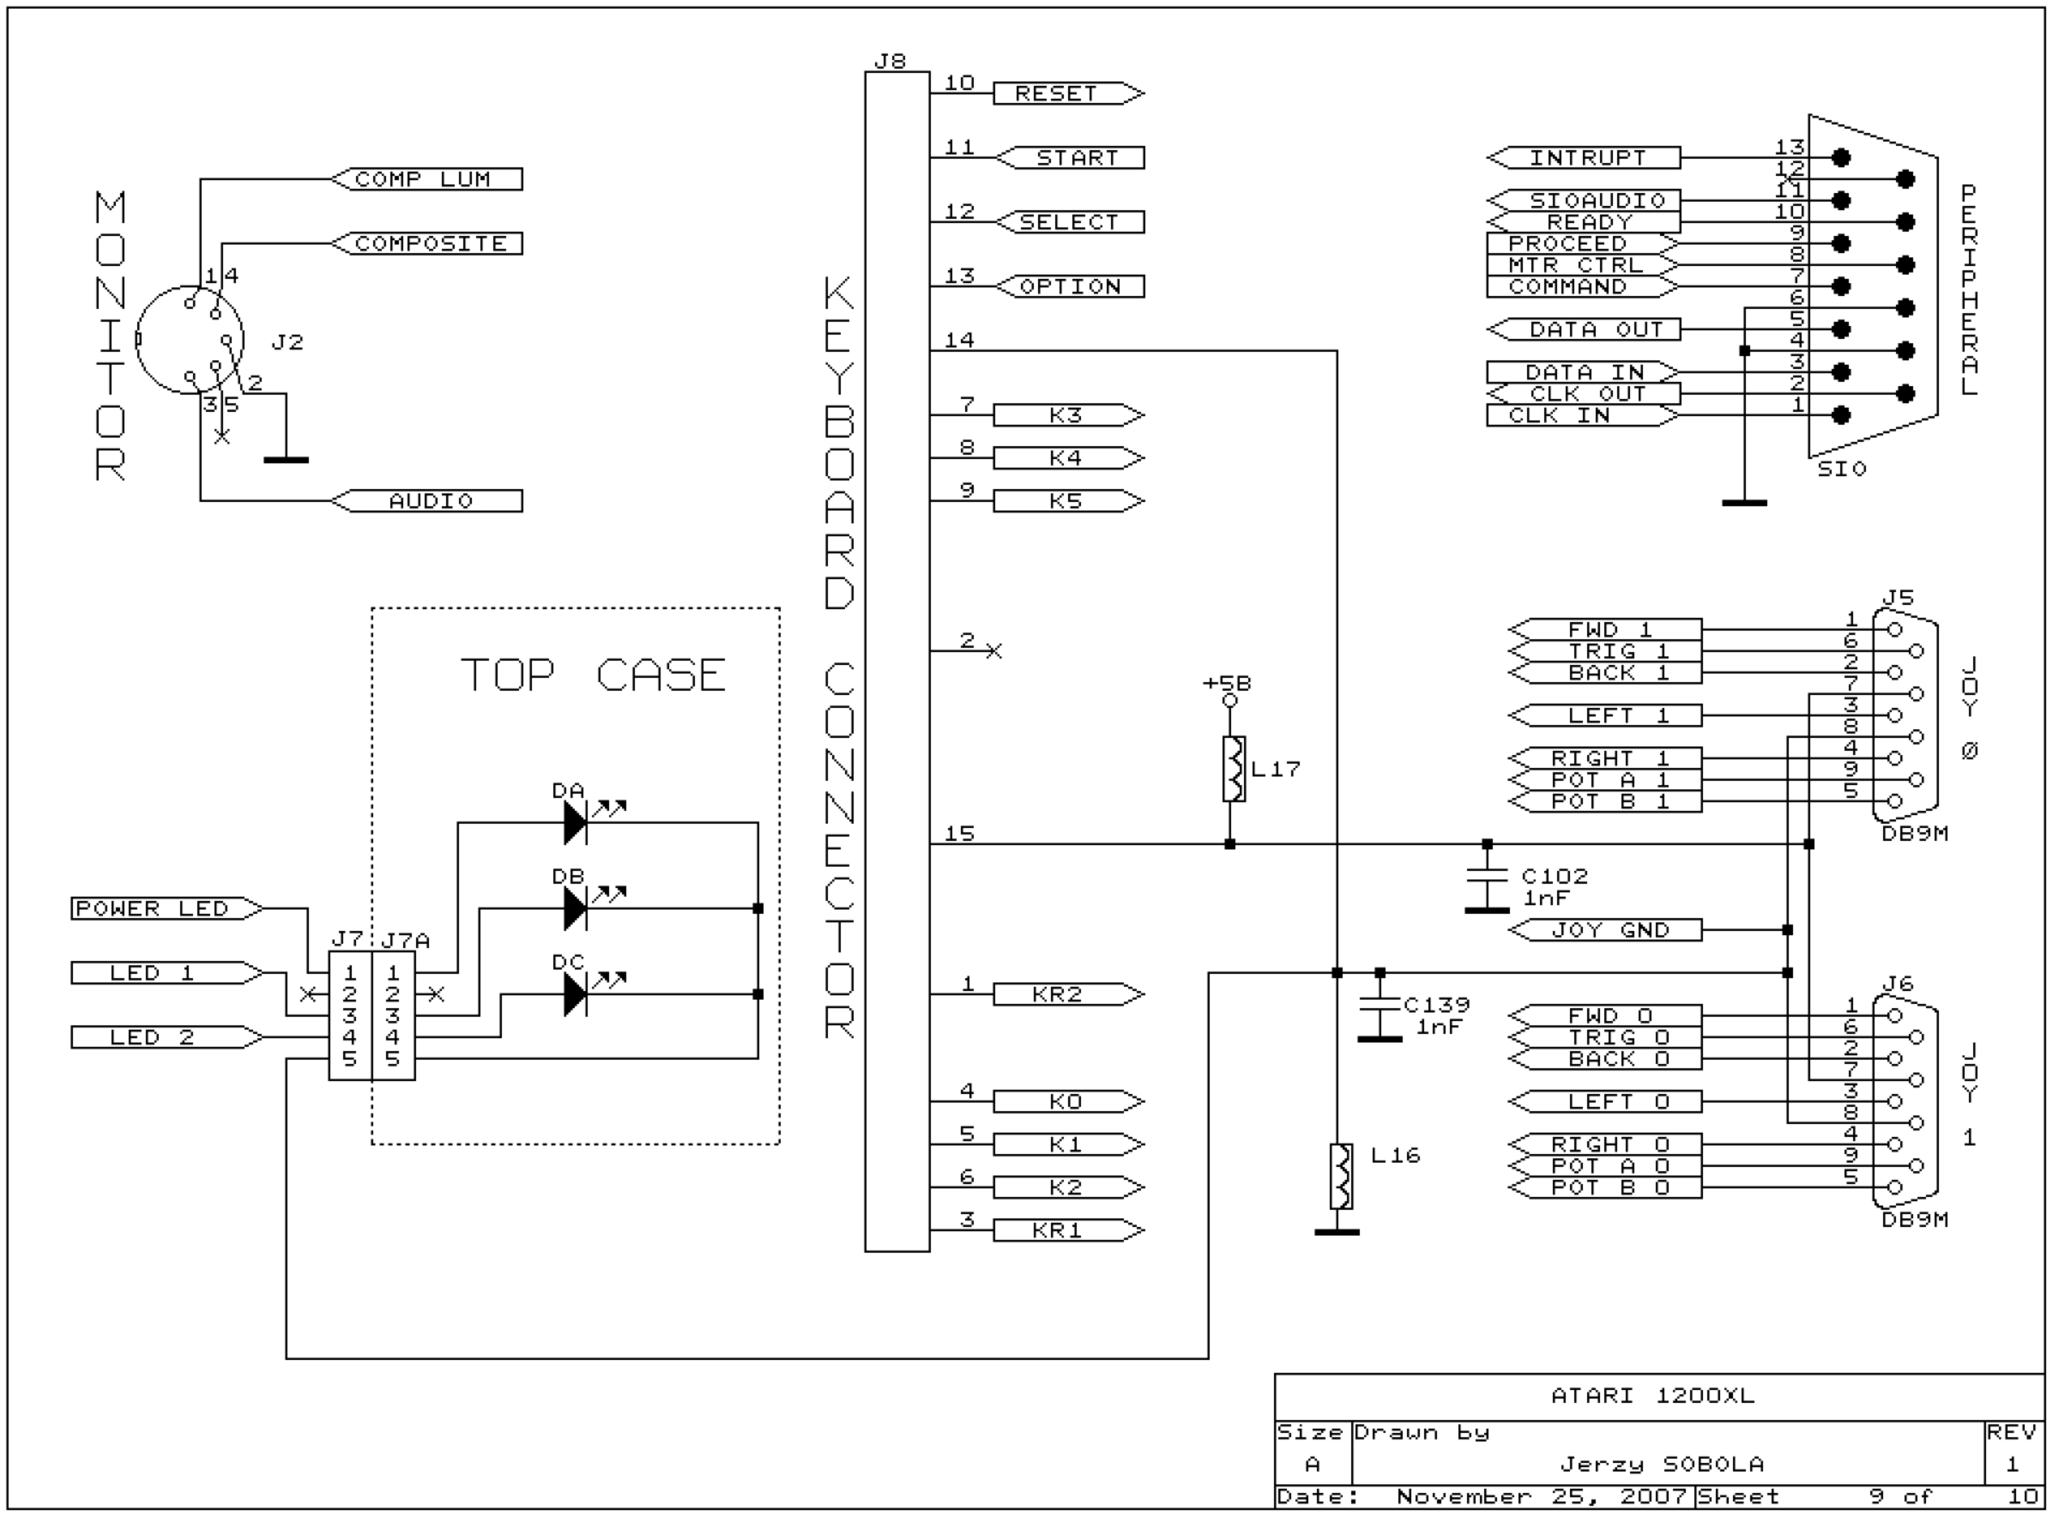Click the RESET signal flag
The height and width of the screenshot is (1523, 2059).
tap(1068, 94)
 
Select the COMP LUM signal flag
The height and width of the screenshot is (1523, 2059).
tap(426, 178)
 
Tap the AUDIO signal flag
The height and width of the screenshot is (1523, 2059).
tap(426, 500)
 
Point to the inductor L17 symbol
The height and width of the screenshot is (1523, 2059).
tap(1233, 768)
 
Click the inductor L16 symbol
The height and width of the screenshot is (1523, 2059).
tap(1341, 1175)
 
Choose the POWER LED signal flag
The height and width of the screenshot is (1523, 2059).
tap(166, 909)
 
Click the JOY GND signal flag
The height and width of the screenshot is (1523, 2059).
tap(1604, 929)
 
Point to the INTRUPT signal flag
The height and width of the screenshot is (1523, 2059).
tap(1584, 158)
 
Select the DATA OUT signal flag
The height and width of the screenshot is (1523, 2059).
tap(1584, 329)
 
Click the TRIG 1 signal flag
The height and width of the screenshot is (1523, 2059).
tap(1604, 651)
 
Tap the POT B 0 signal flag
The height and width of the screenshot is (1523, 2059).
tap(1604, 1188)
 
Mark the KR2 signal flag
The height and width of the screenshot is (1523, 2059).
tap(1068, 994)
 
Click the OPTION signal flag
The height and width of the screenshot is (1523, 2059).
tap(1068, 286)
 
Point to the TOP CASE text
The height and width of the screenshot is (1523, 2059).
tap(593, 675)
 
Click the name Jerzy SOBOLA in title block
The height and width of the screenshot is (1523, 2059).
tap(1662, 1464)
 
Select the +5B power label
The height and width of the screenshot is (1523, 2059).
tap(1228, 683)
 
